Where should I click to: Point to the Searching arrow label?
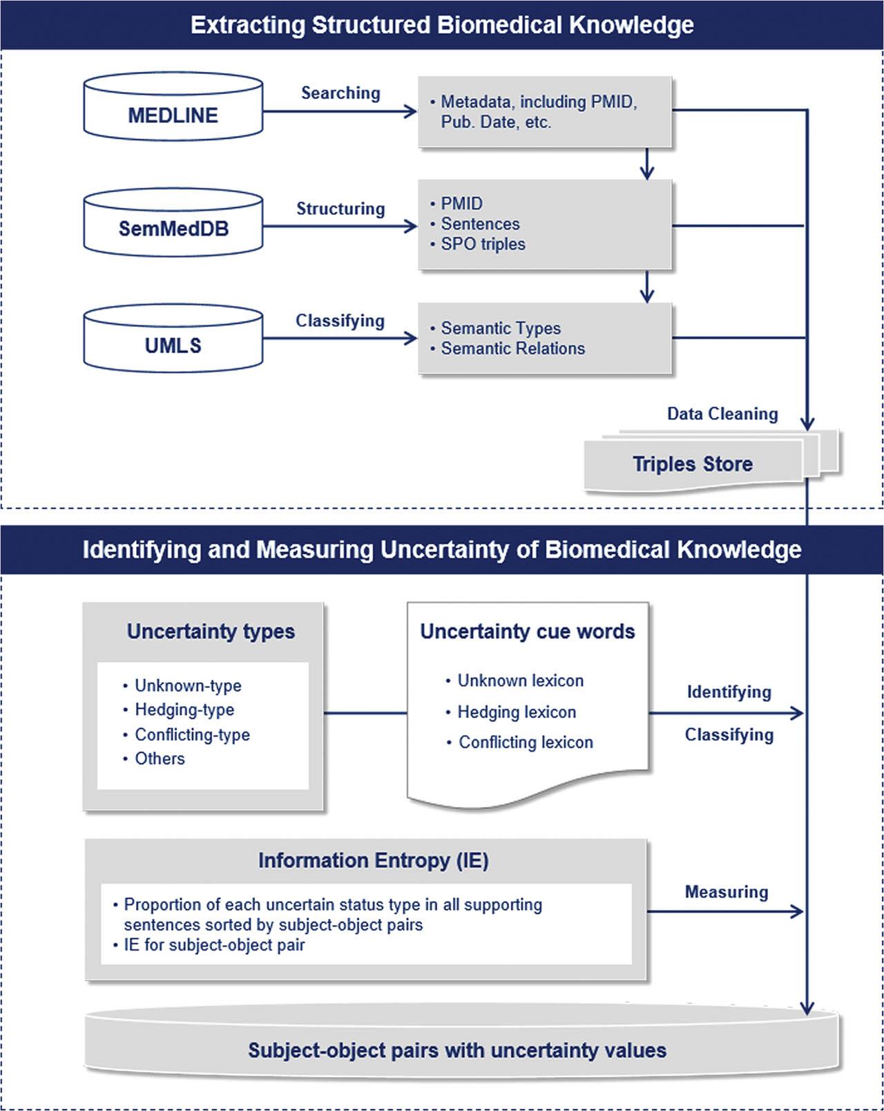340,93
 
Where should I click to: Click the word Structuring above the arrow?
340,209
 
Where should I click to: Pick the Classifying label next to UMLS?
340,321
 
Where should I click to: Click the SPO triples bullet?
483,244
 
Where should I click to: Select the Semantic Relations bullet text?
512,348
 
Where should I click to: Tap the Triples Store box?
693,464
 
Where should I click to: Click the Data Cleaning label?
722,414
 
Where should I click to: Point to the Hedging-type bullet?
184,710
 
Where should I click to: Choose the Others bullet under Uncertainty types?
160,759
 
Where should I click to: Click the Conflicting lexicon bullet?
526,742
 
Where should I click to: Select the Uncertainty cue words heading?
528,632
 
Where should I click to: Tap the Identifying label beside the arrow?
729,692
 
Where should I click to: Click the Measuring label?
727,892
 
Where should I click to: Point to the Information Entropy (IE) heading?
374,860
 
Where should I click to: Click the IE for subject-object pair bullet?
214,944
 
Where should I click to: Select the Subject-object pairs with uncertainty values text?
457,1050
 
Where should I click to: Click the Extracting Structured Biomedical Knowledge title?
442,25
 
